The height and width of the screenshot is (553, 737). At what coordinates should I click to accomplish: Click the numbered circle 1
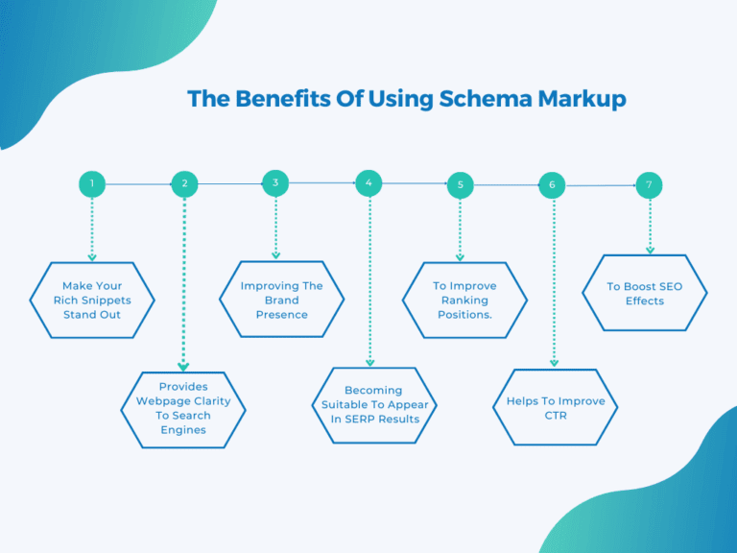[92, 183]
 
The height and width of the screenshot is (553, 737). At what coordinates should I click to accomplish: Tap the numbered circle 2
[184, 183]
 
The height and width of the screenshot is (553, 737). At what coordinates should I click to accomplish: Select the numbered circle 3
[275, 182]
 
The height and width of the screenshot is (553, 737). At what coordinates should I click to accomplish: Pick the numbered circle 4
[368, 182]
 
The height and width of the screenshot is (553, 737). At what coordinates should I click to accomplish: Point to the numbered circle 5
[461, 184]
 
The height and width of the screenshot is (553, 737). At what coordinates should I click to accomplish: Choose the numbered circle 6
[553, 184]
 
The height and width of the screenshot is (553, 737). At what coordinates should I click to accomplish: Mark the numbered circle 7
[650, 183]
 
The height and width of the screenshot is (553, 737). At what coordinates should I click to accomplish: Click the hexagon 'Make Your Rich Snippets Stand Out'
[92, 300]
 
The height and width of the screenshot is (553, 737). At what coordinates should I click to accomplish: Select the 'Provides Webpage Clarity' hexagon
[183, 409]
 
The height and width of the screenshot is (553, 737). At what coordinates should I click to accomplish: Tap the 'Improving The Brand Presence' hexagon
[281, 300]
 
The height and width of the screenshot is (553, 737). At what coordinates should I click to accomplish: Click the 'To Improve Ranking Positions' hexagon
[464, 300]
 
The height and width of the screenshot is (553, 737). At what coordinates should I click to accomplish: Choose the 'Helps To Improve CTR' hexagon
[556, 408]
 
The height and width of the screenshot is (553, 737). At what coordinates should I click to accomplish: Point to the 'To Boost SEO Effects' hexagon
[645, 293]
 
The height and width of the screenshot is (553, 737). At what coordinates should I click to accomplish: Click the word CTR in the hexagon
[557, 416]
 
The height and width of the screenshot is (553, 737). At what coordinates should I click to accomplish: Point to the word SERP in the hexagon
[369, 419]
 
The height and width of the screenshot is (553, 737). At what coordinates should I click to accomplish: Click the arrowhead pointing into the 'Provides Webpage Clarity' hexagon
[184, 367]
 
